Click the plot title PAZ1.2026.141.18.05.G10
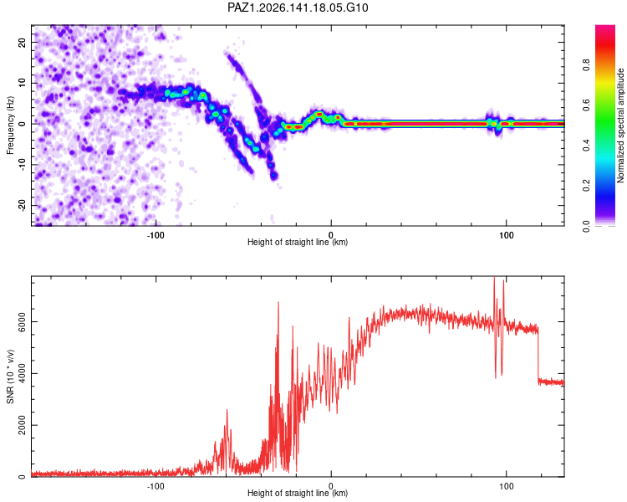[298, 8]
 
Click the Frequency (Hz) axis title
[10, 125]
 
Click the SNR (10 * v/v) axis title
[10, 376]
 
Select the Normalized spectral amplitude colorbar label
[620, 125]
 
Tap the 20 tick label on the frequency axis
[21, 43]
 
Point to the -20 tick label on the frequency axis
[21, 205]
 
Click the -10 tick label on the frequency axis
[21, 165]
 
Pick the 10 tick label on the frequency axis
[21, 83]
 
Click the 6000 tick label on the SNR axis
[21, 322]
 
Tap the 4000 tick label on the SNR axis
[21, 373]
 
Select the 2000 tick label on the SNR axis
[21, 425]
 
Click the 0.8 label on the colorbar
[586, 64]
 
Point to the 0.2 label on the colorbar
[586, 186]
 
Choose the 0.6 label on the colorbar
[586, 105]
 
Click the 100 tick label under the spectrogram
[507, 235]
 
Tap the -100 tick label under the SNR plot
[155, 486]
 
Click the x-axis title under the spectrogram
[298, 242]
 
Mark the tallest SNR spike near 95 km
[494, 277]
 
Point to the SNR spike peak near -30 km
[278, 303]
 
